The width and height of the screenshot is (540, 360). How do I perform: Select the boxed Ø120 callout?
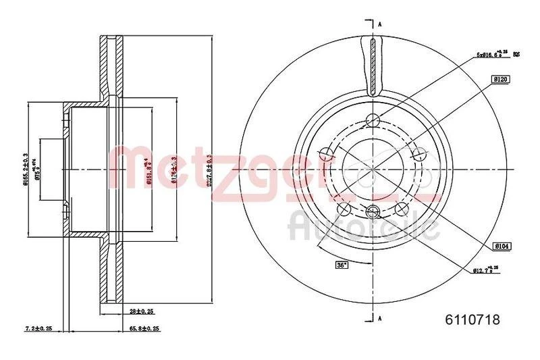point(500,79)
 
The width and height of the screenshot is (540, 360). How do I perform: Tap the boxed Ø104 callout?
point(500,247)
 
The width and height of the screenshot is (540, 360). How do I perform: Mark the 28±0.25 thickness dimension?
point(142,311)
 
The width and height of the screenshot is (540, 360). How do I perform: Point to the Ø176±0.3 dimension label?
point(174,169)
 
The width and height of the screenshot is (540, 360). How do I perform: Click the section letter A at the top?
point(379,24)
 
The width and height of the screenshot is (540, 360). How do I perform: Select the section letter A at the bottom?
point(379,317)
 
